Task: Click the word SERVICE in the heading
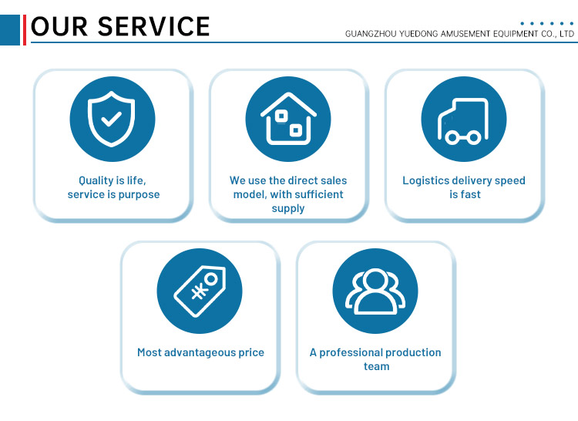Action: tap(153, 26)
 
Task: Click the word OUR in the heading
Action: tap(59, 26)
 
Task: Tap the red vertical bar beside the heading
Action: tap(25, 30)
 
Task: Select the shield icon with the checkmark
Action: tap(111, 119)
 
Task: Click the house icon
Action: tap(288, 119)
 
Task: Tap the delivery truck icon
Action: tap(463, 121)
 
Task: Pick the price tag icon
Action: tap(200, 291)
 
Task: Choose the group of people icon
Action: tap(375, 291)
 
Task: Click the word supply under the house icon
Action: tap(288, 209)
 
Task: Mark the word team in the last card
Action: tap(376, 366)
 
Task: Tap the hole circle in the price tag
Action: tap(212, 279)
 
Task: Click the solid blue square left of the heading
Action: tap(10, 30)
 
